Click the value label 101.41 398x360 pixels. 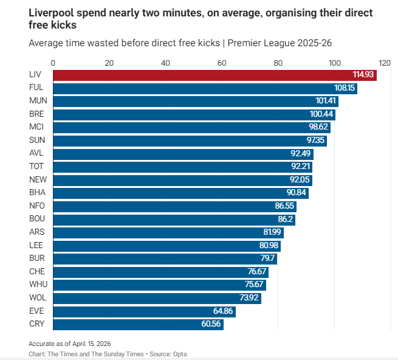click(324, 101)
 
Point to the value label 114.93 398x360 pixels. click(363, 75)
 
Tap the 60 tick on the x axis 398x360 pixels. click(222, 63)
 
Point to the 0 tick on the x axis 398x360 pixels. click(53, 63)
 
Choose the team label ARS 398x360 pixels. click(36, 232)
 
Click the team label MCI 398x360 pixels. click(36, 127)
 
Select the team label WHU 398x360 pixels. click(37, 285)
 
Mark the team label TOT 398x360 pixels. click(36, 167)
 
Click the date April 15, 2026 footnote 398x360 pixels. click(87, 344)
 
